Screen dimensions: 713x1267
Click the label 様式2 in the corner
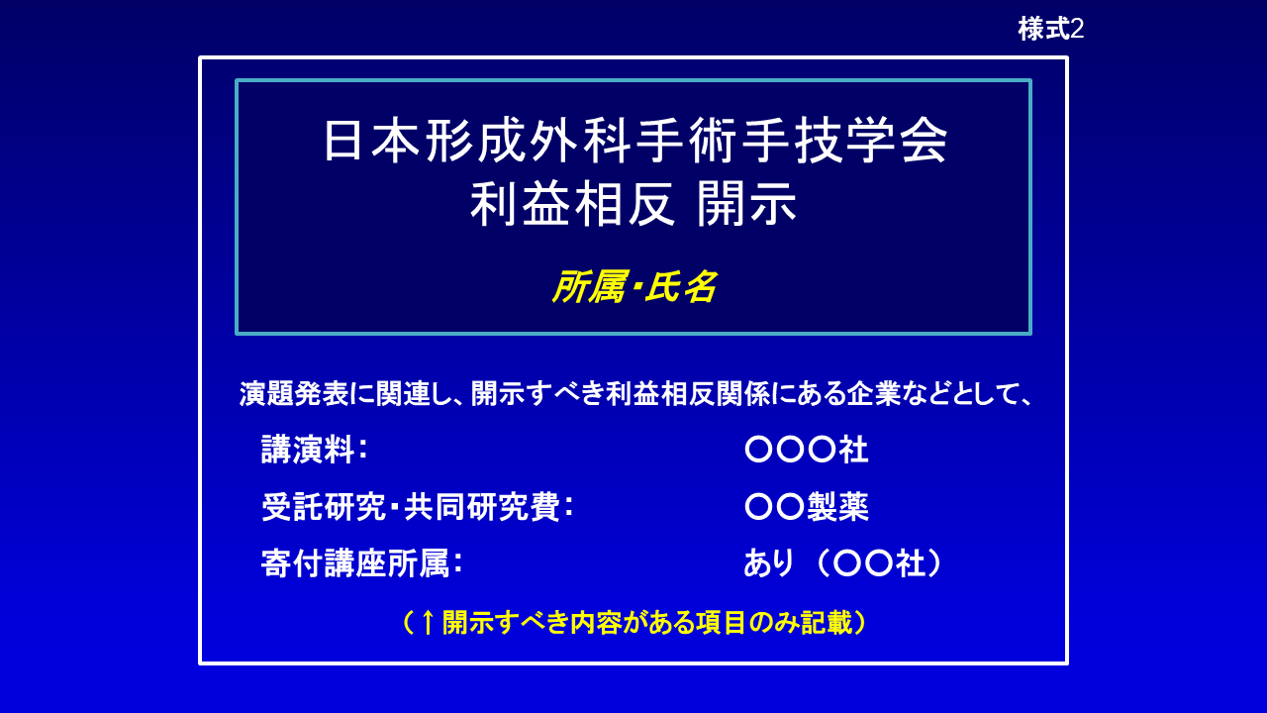[x=1050, y=29]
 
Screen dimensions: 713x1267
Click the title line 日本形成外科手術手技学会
[x=634, y=142]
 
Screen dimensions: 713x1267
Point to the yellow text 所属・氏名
[x=633, y=287]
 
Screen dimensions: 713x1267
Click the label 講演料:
[x=315, y=450]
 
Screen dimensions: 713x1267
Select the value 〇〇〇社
[x=806, y=450]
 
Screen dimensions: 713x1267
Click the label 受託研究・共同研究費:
[x=418, y=507]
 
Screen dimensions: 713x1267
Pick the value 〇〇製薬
[x=806, y=507]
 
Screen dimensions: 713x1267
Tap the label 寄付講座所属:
[x=362, y=563]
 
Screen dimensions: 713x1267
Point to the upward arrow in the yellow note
[x=427, y=622]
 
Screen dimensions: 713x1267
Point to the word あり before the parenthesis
[x=769, y=563]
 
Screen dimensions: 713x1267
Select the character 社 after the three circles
[x=853, y=450]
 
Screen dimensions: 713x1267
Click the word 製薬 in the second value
[x=837, y=507]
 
